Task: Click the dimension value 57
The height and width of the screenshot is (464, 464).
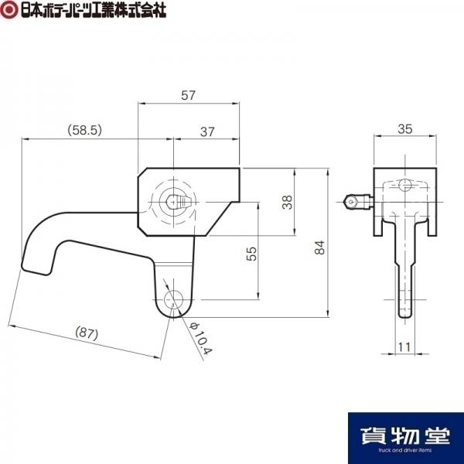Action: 188,95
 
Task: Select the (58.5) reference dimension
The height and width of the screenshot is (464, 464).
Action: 84,130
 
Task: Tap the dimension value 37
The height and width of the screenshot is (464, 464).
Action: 207,131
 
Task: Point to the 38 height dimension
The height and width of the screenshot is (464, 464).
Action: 287,202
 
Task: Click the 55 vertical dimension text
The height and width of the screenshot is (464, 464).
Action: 251,254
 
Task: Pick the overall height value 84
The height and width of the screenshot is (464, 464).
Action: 319,247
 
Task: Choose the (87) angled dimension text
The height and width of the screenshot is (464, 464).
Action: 87,333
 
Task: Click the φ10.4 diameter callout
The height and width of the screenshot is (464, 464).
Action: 200,338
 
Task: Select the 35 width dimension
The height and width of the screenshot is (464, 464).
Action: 404,129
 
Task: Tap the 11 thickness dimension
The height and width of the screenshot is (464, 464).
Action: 404,346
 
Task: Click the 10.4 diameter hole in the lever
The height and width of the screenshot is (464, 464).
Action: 174,299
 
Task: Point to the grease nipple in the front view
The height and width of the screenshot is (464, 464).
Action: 179,202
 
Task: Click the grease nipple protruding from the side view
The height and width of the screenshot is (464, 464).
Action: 358,202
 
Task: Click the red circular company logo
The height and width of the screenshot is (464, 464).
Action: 9,9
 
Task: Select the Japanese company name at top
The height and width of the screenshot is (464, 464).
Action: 94,10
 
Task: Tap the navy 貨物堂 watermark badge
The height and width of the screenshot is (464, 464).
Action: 406,438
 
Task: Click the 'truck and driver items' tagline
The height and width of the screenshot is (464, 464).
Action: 405,450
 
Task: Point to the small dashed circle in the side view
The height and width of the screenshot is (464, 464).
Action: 404,186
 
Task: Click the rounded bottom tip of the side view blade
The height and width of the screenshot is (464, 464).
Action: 404,316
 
